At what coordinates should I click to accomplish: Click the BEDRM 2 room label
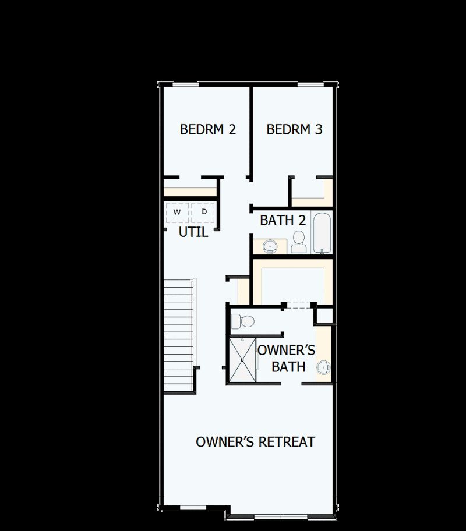(x=207, y=129)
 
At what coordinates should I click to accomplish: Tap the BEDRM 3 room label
(x=294, y=129)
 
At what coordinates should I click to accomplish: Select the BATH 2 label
(x=283, y=221)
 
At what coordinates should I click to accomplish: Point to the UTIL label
(x=193, y=232)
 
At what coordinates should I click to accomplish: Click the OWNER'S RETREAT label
(x=255, y=442)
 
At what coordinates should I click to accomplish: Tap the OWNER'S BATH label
(x=287, y=358)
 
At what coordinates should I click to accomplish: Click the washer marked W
(x=177, y=211)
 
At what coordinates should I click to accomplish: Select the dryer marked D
(x=203, y=211)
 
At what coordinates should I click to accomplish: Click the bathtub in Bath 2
(x=322, y=233)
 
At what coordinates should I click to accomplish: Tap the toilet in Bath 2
(x=298, y=242)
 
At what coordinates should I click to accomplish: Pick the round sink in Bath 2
(x=270, y=246)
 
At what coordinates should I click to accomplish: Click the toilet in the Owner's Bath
(x=242, y=321)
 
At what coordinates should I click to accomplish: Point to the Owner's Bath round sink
(x=324, y=367)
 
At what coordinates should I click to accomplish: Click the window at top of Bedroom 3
(x=310, y=85)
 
